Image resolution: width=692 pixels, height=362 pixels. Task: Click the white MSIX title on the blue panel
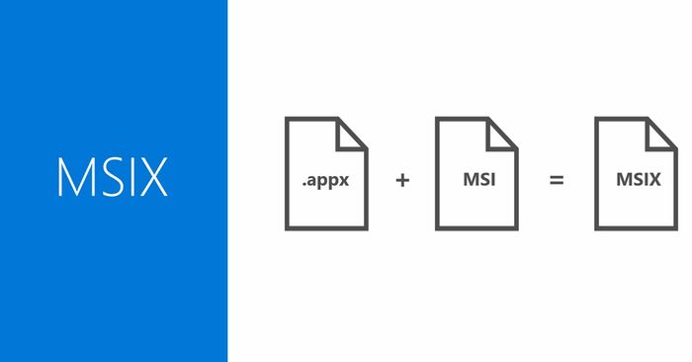[x=113, y=177]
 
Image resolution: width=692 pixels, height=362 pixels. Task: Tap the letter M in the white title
[x=77, y=177]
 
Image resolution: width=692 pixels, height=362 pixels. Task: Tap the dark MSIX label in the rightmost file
[x=636, y=180]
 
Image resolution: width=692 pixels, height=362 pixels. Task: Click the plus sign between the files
[x=402, y=181]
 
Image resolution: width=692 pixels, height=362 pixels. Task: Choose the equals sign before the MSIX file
[x=557, y=181]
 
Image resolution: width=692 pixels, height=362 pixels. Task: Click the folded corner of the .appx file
[x=353, y=133]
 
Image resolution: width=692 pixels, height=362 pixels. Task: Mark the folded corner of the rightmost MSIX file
[x=661, y=133]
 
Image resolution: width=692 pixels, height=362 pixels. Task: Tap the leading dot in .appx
[x=303, y=185]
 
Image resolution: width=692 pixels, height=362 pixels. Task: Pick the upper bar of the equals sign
[x=557, y=177]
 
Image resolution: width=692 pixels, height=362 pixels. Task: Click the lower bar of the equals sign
[x=557, y=185]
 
